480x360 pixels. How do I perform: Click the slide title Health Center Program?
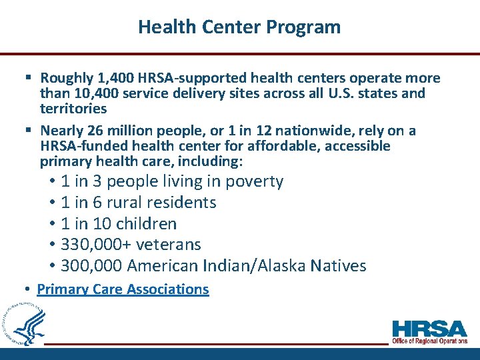click(239, 27)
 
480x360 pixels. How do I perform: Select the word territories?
click(73, 108)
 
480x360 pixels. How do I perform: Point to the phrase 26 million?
click(113, 131)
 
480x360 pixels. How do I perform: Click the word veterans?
click(169, 245)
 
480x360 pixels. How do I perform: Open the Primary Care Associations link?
click(123, 289)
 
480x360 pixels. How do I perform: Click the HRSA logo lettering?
click(429, 329)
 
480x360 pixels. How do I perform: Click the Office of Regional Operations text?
click(429, 341)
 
